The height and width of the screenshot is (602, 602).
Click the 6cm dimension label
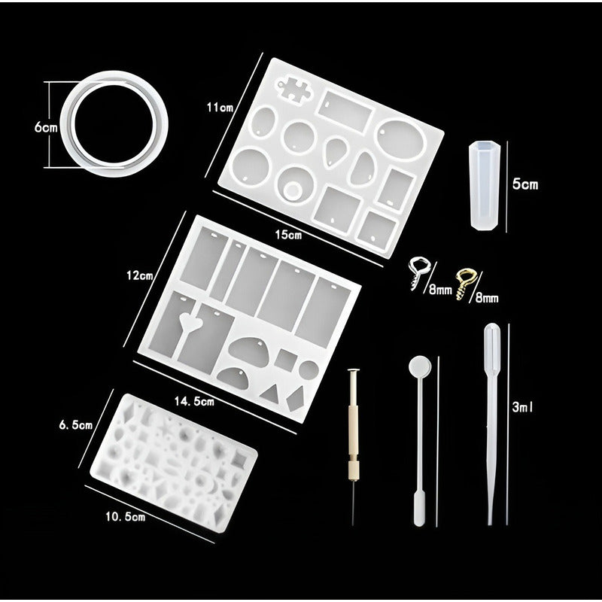pyautogui.click(x=45, y=128)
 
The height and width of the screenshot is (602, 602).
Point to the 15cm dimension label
pyautogui.click(x=288, y=236)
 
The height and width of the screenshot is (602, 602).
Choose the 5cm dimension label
pyautogui.click(x=525, y=183)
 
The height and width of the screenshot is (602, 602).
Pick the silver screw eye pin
pyautogui.click(x=419, y=272)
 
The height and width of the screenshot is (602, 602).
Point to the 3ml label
pyautogui.click(x=523, y=407)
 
